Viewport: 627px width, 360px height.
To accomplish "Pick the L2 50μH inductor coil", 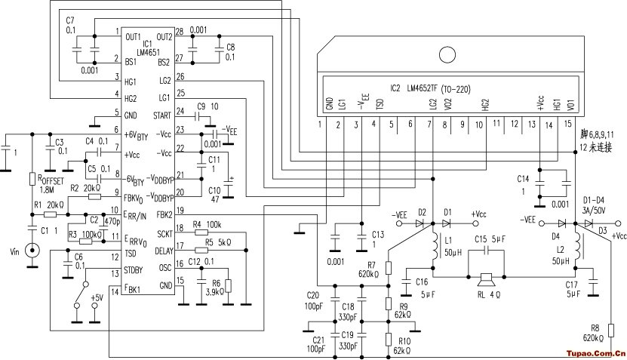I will (x=578, y=249).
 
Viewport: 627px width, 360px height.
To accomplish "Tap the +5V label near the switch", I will (x=96, y=298).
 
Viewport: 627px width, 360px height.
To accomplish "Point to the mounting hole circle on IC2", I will (x=446, y=55).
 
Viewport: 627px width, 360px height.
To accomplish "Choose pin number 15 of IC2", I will (x=568, y=123).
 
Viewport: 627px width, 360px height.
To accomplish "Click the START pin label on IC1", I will (x=161, y=115).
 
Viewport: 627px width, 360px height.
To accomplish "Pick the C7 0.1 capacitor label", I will (x=70, y=23).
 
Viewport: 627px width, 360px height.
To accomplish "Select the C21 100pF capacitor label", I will (x=316, y=344).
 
